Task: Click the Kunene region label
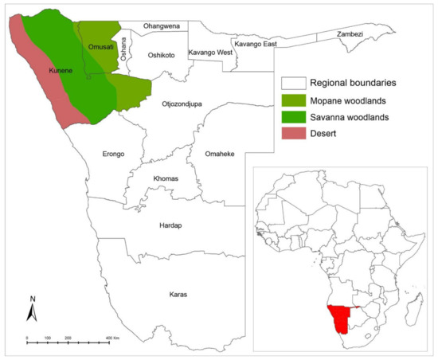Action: click(x=49, y=72)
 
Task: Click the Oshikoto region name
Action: click(x=162, y=55)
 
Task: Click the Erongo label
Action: click(x=113, y=155)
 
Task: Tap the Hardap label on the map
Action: click(x=170, y=225)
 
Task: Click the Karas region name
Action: click(x=178, y=295)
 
